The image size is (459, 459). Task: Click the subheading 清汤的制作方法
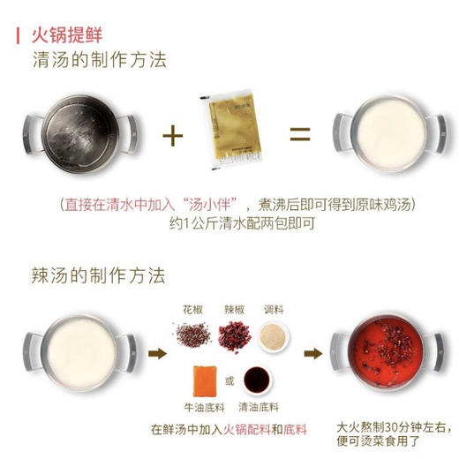(99, 62)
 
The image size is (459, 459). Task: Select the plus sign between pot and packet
(173, 135)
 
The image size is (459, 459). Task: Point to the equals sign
(300, 135)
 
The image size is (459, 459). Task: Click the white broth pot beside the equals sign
(380, 134)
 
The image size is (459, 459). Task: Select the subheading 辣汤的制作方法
(99, 275)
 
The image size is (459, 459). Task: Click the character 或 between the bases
(231, 381)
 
